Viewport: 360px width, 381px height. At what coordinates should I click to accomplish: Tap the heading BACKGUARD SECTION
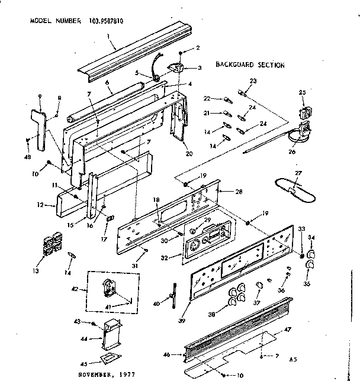tap(250, 65)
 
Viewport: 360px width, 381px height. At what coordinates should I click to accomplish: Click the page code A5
tap(293, 359)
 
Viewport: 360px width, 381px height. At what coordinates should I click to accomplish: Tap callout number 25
tap(302, 92)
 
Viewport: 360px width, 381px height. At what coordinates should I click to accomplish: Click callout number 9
tap(40, 96)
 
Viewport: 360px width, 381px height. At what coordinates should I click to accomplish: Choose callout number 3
tap(200, 68)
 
